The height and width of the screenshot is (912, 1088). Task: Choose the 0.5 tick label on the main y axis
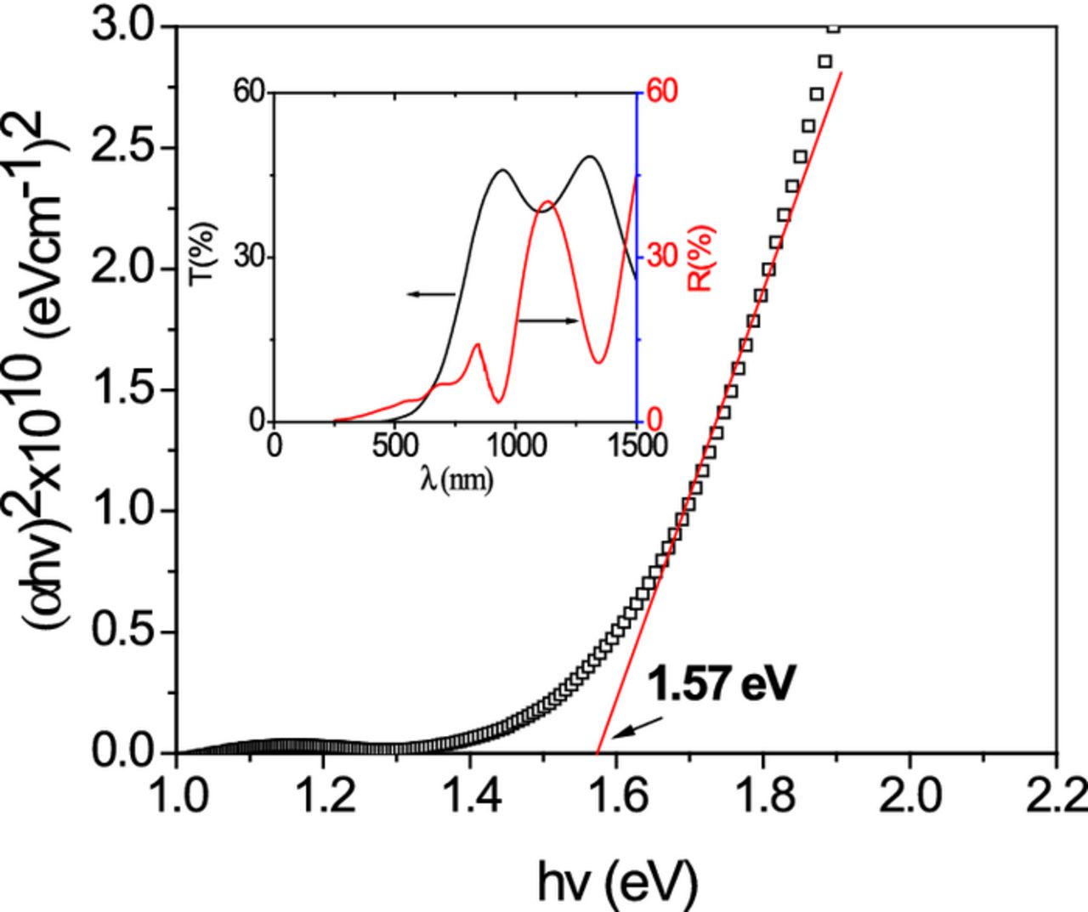124,632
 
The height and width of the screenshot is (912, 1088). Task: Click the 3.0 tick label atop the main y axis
124,27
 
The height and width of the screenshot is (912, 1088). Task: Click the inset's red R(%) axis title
702,258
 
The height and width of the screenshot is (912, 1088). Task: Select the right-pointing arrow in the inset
549,320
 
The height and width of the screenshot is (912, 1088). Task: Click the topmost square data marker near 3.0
833,27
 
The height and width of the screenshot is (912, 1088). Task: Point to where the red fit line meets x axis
598,752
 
